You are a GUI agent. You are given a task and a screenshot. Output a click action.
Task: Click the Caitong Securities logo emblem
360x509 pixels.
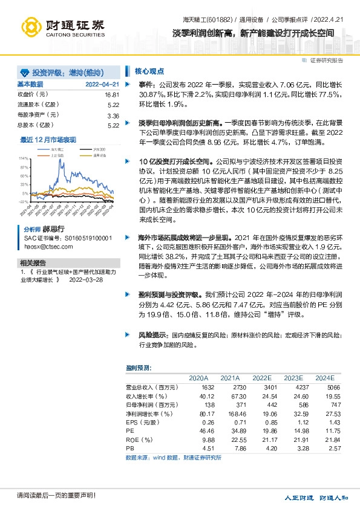pyautogui.click(x=33, y=25)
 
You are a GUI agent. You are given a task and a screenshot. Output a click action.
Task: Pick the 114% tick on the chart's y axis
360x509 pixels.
pyautogui.click(x=24, y=157)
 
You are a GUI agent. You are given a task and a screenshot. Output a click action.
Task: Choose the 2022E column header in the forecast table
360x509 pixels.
pyautogui.click(x=261, y=377)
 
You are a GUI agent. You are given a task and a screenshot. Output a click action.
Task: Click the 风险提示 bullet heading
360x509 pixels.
pyautogui.click(x=151, y=334)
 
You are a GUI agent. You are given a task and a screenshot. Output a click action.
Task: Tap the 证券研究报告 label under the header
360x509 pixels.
pyautogui.click(x=326, y=60)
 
